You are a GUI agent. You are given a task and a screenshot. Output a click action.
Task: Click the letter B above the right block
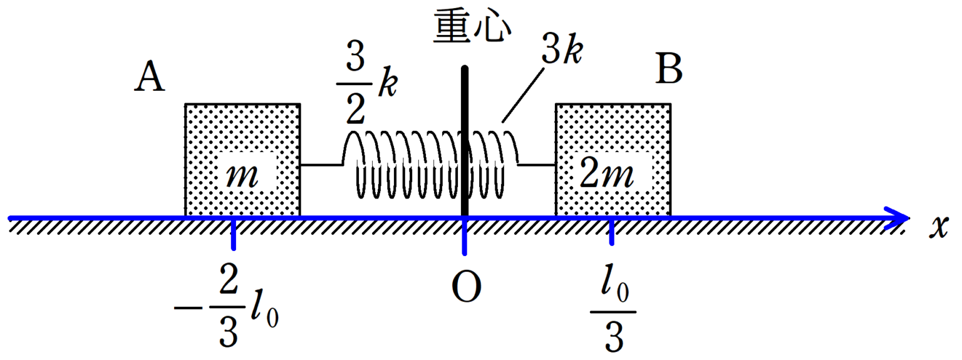click(669, 70)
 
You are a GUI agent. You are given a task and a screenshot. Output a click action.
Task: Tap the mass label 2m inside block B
click(608, 177)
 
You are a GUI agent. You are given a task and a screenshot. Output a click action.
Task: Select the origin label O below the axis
click(466, 287)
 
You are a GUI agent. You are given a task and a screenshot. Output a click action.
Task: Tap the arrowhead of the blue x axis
click(899, 218)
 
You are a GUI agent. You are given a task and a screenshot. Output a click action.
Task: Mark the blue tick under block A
click(234, 234)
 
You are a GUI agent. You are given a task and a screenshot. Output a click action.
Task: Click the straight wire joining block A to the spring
click(321, 165)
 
